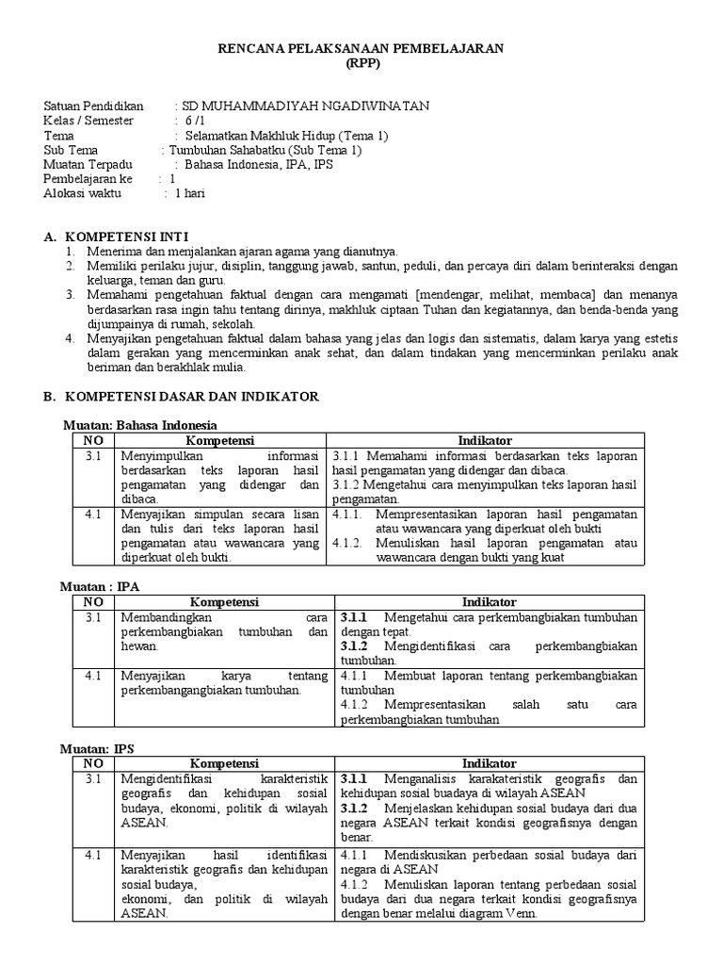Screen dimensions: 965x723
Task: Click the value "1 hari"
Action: (x=189, y=193)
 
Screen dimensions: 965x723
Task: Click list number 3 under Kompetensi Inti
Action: (x=70, y=295)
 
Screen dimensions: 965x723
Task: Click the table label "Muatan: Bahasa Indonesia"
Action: (x=139, y=425)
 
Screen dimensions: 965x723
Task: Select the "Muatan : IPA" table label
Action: (x=100, y=586)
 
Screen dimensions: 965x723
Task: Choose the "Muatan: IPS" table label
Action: (x=98, y=748)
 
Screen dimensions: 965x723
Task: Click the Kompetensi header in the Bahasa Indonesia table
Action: (x=219, y=440)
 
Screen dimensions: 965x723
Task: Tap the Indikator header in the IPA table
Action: (x=489, y=602)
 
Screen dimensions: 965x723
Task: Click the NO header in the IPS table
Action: (x=93, y=763)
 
